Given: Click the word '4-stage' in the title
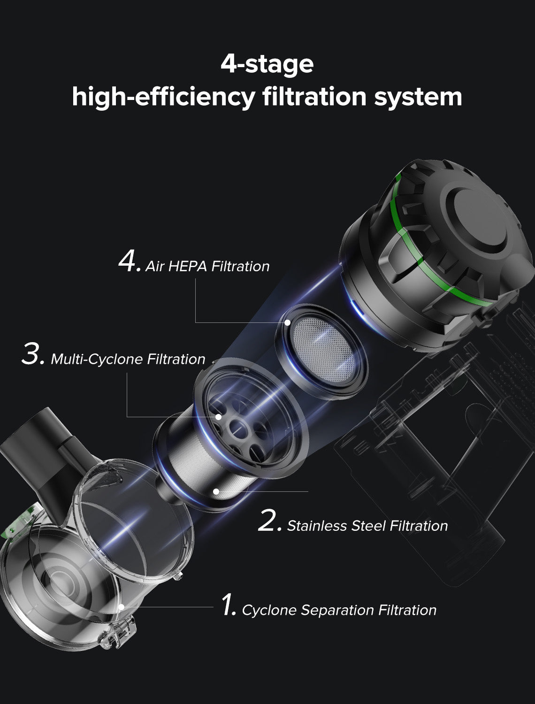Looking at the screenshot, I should pyautogui.click(x=267, y=64).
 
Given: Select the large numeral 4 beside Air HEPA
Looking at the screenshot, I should pyautogui.click(x=128, y=262).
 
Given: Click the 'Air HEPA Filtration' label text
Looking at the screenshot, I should pyautogui.click(x=207, y=267).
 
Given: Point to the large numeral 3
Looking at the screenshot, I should pyautogui.click(x=33, y=355).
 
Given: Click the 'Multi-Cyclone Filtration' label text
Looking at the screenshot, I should pyautogui.click(x=128, y=360).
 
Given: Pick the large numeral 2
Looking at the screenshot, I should pyautogui.click(x=269, y=521).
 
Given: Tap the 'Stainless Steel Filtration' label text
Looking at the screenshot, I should pyautogui.click(x=367, y=526).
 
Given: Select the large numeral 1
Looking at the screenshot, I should pyautogui.click(x=228, y=605).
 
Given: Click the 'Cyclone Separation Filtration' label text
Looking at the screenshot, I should pyautogui.click(x=339, y=610).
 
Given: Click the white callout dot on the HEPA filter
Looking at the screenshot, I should pyautogui.click(x=287, y=322).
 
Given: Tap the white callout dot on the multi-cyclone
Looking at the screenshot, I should pyautogui.click(x=218, y=417).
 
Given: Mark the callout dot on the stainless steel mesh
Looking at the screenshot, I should pyautogui.click(x=216, y=491).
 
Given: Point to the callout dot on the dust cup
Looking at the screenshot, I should pyautogui.click(x=121, y=607).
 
